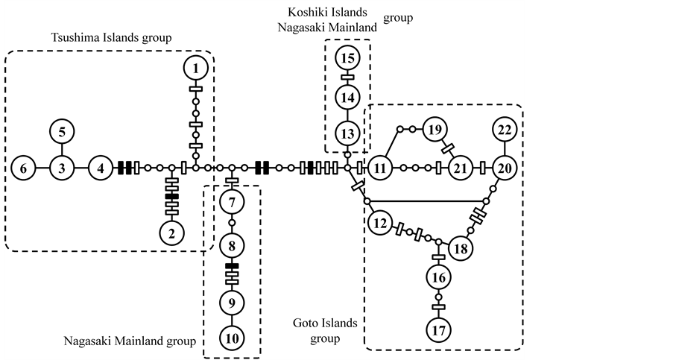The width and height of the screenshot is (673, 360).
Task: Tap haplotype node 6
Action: [x=23, y=168]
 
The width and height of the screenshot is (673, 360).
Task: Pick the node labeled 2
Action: [x=172, y=234]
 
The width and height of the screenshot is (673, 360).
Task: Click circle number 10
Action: [x=233, y=338]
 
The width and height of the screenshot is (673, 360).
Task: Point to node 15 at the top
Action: [x=347, y=57]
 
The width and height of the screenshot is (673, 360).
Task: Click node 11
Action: [x=381, y=168]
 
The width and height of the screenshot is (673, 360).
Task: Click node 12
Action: [x=380, y=222]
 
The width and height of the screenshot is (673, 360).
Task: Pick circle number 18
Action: [x=461, y=249]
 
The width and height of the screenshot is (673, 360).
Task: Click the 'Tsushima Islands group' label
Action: [x=111, y=37]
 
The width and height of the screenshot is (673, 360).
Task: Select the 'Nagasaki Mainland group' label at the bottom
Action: [x=129, y=341]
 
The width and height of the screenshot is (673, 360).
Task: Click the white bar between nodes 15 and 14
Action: [x=347, y=77]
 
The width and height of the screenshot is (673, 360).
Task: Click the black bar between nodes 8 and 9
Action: [x=232, y=266]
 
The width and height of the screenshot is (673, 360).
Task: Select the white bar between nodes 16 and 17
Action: [x=437, y=306]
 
